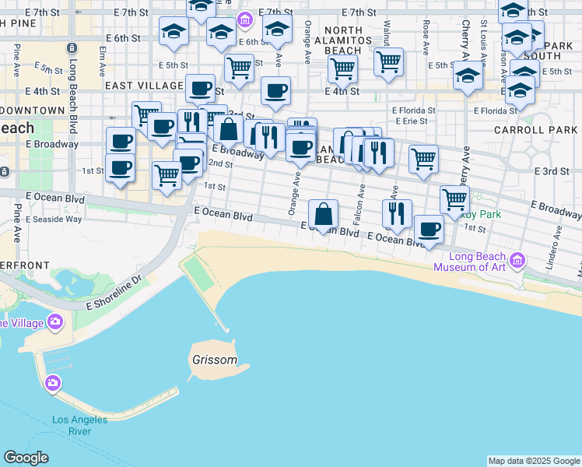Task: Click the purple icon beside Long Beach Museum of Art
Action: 517,258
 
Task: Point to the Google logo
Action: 26,458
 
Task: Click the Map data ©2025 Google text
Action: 534,461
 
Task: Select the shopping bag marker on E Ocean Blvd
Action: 323,213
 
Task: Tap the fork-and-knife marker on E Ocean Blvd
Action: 397,212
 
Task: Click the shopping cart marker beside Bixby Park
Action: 454,198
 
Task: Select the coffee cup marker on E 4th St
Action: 275,91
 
